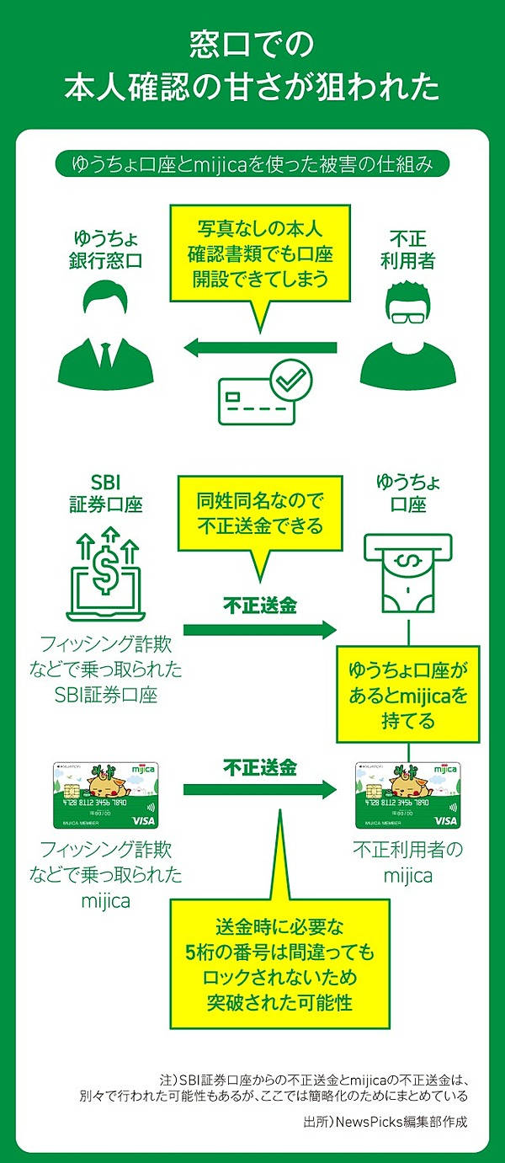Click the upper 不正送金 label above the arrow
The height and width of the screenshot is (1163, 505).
pyautogui.click(x=259, y=605)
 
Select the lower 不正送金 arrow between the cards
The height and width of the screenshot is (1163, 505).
pyautogui.click(x=259, y=790)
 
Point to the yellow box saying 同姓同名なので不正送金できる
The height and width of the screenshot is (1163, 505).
pyautogui.click(x=259, y=513)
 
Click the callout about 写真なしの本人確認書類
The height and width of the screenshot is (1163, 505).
pyautogui.click(x=259, y=253)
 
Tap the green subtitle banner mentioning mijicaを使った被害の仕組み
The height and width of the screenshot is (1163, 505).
pyautogui.click(x=252, y=163)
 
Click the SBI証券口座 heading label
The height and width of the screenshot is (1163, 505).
pyautogui.click(x=105, y=495)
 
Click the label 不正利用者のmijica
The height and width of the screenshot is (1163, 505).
pyautogui.click(x=408, y=862)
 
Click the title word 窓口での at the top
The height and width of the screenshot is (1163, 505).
pyautogui.click(x=252, y=42)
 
